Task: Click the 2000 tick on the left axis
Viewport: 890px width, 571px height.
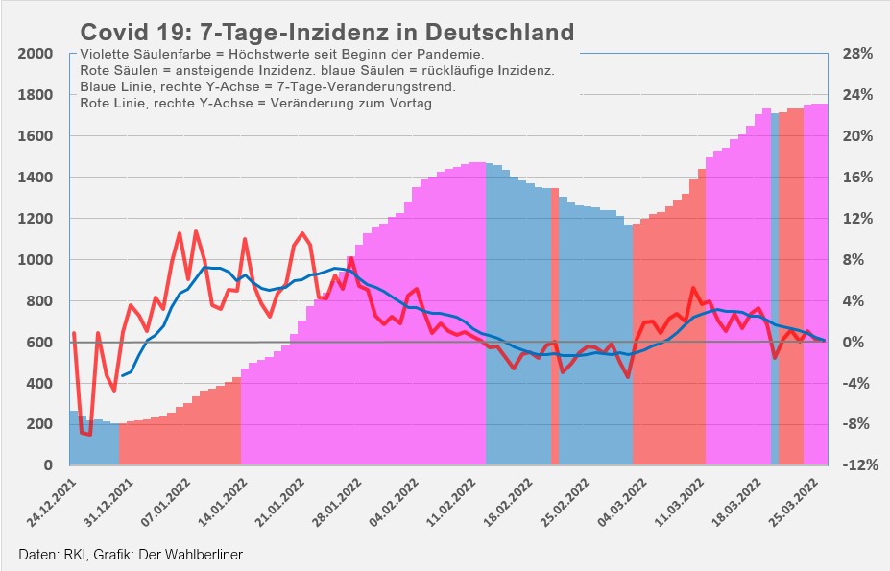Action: (34, 54)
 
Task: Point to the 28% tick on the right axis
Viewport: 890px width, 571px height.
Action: (857, 54)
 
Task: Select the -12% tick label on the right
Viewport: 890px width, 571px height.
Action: (857, 465)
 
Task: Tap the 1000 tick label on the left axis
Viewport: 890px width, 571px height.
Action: (34, 260)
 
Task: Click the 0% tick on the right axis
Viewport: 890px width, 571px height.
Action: (857, 343)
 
